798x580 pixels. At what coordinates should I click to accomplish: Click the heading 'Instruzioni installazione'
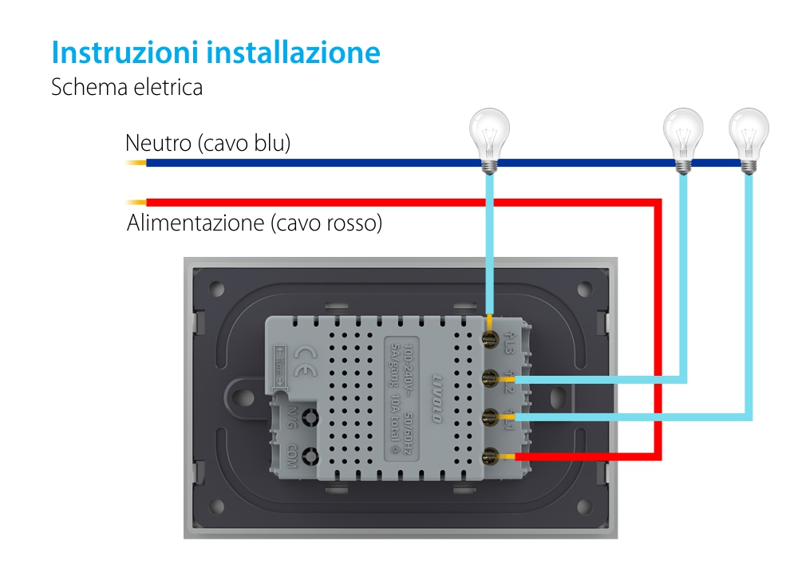click(x=215, y=53)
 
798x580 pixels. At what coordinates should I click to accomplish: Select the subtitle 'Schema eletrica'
click(x=127, y=87)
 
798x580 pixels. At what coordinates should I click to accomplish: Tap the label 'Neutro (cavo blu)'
click(x=207, y=144)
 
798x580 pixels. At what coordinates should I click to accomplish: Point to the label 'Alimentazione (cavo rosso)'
click(x=255, y=223)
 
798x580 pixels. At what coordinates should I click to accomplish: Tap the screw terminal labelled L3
click(x=489, y=339)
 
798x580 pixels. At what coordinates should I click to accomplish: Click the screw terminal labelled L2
click(x=489, y=377)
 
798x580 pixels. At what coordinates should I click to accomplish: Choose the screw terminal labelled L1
click(x=489, y=416)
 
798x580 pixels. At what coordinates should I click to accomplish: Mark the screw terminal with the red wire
click(x=489, y=456)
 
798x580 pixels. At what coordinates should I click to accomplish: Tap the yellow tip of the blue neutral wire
click(x=136, y=164)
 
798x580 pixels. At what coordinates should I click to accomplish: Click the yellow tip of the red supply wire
click(x=136, y=203)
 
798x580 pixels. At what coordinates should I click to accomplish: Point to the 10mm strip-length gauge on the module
click(x=280, y=369)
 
